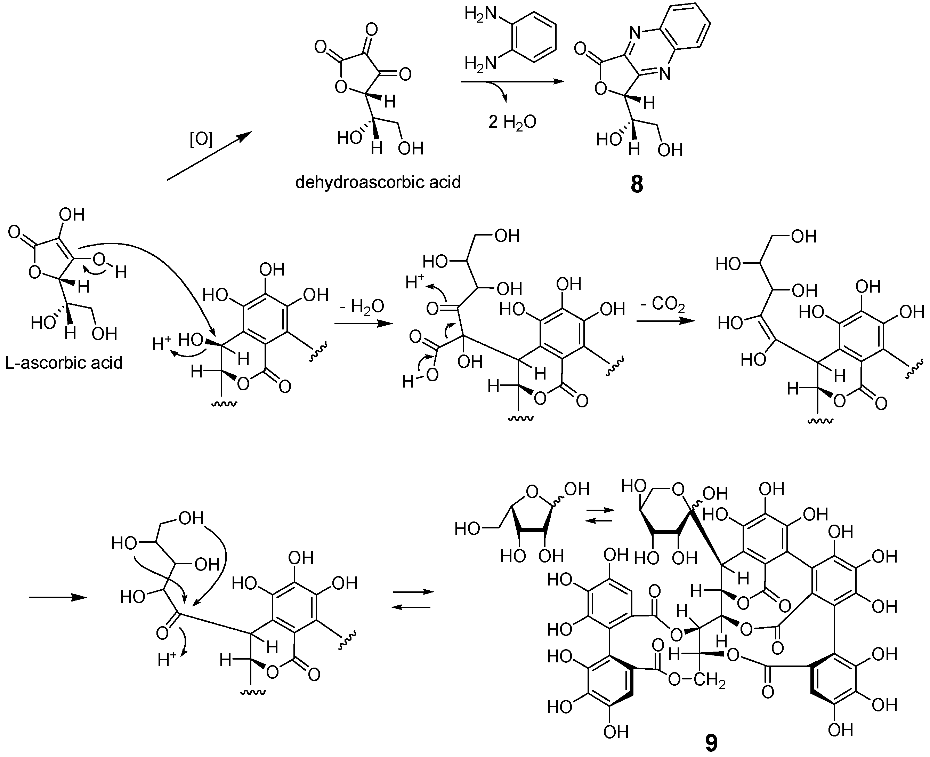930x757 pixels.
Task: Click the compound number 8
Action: (637, 184)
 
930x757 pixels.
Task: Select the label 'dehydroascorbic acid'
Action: (378, 182)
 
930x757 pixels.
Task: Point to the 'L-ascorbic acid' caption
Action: (64, 362)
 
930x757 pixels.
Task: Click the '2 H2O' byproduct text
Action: (512, 122)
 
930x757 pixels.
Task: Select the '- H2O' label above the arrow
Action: (363, 306)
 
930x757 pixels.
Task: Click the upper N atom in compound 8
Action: (635, 32)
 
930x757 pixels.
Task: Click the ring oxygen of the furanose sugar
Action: (532, 492)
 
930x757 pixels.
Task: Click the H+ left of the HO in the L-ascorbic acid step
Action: (162, 344)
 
